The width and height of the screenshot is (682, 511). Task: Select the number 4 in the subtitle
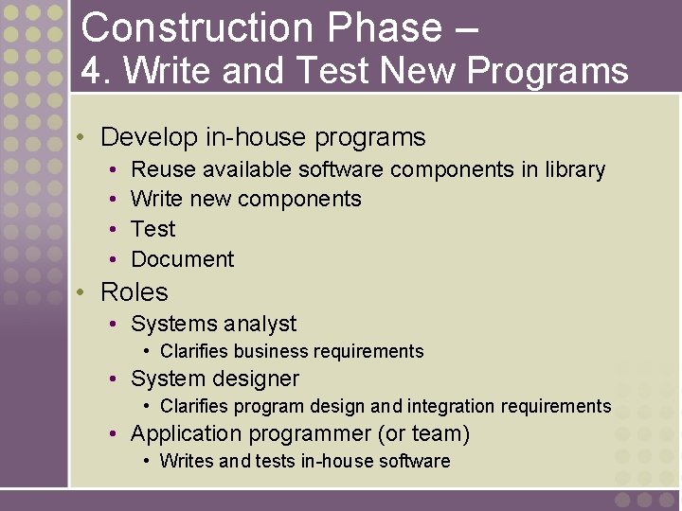point(90,71)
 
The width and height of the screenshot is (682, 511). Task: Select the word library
point(575,170)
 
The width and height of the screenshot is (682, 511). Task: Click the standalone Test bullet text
point(153,229)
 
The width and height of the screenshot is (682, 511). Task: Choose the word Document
point(182,259)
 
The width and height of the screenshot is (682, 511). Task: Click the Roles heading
point(134,292)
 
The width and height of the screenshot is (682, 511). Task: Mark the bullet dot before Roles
point(82,292)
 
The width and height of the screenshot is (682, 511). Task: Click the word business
point(271,352)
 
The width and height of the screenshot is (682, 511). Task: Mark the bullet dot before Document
point(113,259)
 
